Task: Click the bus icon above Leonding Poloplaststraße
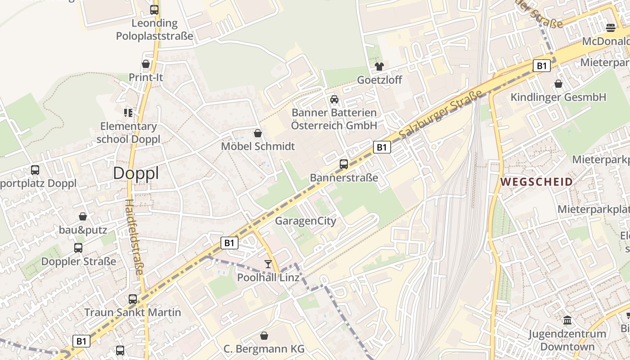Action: [x=154, y=9]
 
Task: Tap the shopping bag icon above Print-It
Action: [x=146, y=64]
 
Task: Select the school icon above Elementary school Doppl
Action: [x=128, y=112]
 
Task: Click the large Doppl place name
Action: [x=136, y=173]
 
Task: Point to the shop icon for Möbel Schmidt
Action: [x=258, y=133]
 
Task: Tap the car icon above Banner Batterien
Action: [x=334, y=99]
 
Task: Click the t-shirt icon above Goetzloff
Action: [x=379, y=67]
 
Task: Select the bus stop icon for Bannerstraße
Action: [x=344, y=164]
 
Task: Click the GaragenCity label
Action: [x=306, y=221]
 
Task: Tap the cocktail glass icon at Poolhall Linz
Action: [x=268, y=264]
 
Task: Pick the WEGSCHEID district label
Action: [x=536, y=182]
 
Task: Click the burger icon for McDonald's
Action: [x=611, y=28]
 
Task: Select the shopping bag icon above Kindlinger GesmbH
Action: [x=558, y=84]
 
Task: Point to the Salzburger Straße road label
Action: [x=440, y=113]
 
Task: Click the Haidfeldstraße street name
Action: [x=135, y=237]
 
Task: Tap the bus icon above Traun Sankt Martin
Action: [x=133, y=299]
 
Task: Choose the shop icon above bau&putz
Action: [x=83, y=216]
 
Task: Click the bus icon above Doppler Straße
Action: [x=78, y=248]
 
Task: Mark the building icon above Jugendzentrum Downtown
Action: [x=567, y=320]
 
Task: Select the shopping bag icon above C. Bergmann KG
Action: [x=264, y=336]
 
